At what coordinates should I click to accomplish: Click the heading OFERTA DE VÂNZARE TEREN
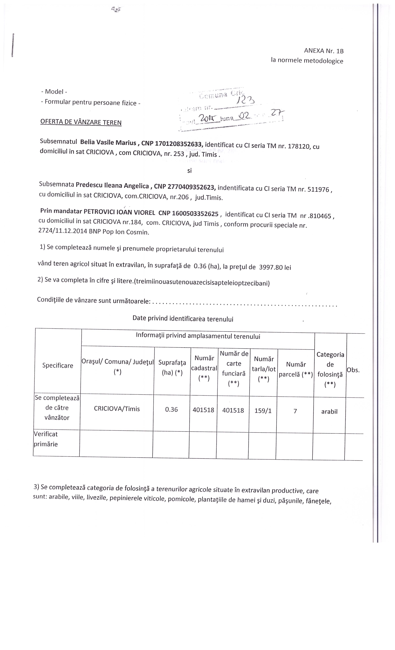point(81,122)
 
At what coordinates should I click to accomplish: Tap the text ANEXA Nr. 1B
point(324,51)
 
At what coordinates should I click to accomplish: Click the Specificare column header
point(58,365)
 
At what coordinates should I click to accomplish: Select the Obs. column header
point(353,370)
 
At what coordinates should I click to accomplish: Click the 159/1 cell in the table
point(263,411)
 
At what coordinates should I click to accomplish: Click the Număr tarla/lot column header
point(264,369)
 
